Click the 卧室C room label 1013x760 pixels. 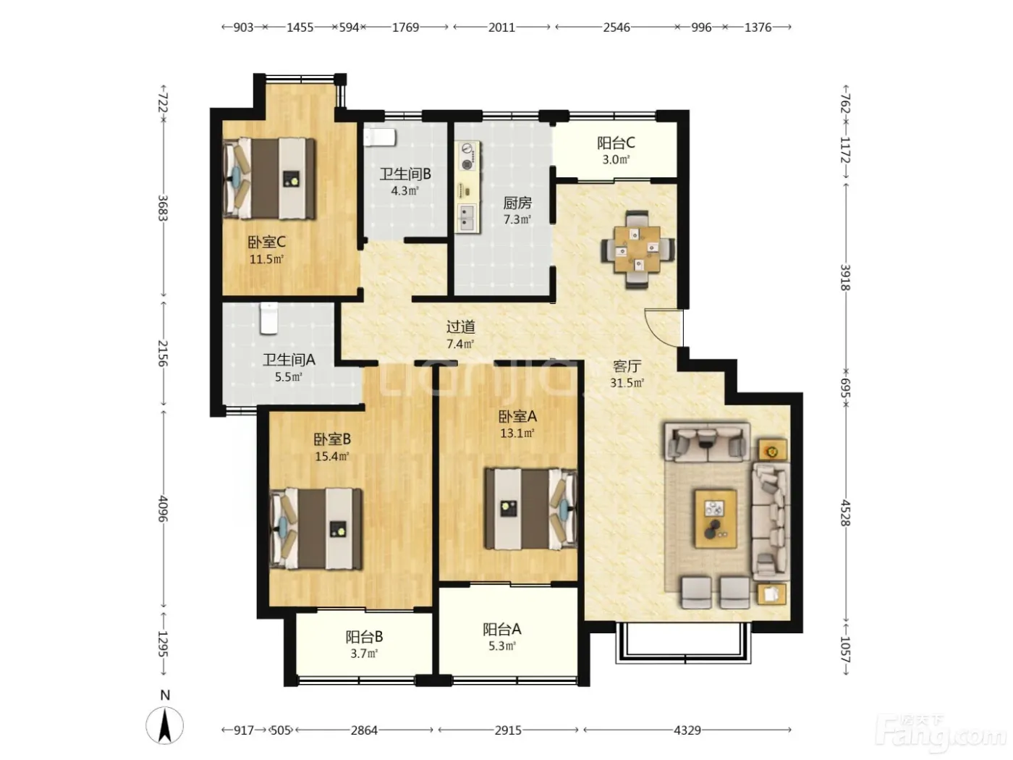[x=266, y=242]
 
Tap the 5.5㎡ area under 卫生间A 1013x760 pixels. [x=289, y=377]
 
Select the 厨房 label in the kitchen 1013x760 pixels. [x=517, y=203]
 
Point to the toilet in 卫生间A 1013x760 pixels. [x=268, y=318]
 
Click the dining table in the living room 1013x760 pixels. [x=637, y=250]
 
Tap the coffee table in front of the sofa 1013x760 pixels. [x=716, y=519]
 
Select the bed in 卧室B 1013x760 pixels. [x=315, y=529]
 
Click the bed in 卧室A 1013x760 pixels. [x=530, y=509]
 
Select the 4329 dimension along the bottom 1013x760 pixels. [x=687, y=730]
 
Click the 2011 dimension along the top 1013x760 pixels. [x=501, y=28]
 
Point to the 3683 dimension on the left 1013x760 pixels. [x=163, y=208]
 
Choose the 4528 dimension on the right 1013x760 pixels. [x=845, y=512]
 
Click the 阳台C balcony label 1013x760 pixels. [x=616, y=143]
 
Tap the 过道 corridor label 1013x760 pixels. [x=460, y=327]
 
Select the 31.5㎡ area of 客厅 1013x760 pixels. [x=627, y=383]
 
